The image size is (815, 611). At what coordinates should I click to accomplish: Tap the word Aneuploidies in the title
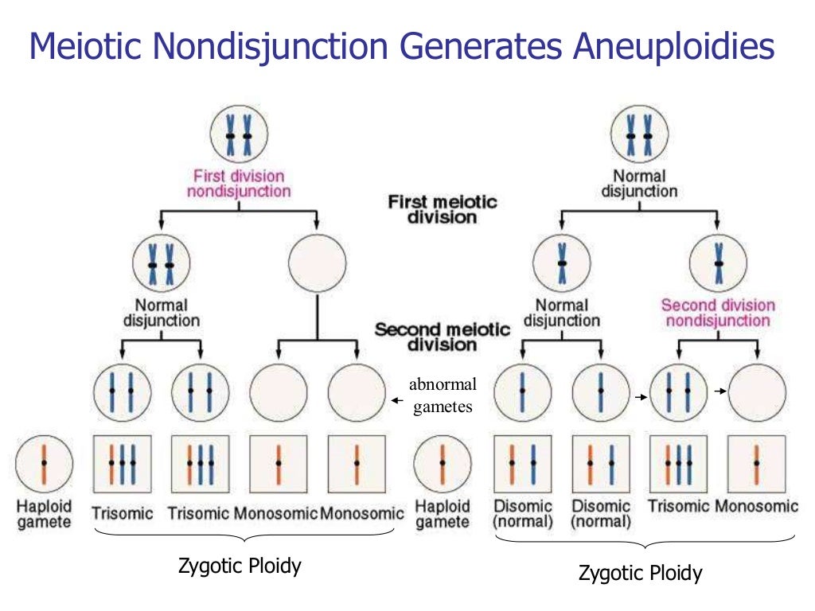[x=673, y=46]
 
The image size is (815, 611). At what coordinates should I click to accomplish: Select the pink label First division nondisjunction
[x=239, y=183]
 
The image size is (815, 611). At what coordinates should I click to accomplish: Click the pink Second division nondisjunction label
[x=718, y=313]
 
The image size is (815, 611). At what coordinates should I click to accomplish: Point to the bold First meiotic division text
[x=443, y=209]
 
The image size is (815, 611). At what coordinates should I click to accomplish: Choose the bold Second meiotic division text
[x=443, y=337]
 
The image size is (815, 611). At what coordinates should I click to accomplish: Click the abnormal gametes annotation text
[x=443, y=395]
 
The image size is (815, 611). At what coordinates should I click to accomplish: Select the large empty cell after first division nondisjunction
[x=317, y=265]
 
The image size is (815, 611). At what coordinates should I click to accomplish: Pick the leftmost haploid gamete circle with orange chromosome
[x=45, y=463]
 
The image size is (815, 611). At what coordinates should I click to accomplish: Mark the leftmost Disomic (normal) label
[x=523, y=514]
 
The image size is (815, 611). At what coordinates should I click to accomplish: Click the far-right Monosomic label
[x=756, y=507]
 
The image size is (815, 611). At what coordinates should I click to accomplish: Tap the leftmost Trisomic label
[x=123, y=513]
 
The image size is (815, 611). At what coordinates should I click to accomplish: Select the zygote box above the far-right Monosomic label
[x=757, y=463]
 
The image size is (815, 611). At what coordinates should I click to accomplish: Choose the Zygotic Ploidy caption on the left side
[x=240, y=566]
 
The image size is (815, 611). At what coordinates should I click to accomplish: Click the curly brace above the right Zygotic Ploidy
[x=645, y=542]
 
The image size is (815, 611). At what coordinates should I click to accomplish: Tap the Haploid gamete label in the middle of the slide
[x=443, y=514]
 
